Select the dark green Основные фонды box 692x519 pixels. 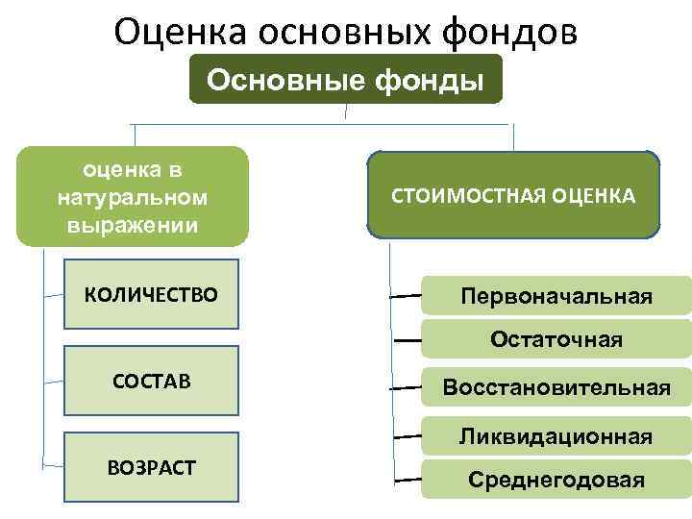click(345, 79)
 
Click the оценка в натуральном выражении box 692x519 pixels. click(132, 197)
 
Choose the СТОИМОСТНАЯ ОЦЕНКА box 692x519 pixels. click(513, 195)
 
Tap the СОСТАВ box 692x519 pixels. click(151, 382)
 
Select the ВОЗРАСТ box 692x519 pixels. click(151, 468)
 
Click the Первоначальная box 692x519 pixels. click(556, 296)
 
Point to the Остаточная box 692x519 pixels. click(556, 339)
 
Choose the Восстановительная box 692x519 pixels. click(556, 387)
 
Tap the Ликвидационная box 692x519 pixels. click(556, 436)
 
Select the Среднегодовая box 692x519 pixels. click(556, 480)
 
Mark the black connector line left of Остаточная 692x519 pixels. click(408, 341)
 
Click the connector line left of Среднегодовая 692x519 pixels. click(408, 478)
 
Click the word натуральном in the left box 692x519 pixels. click(132, 197)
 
